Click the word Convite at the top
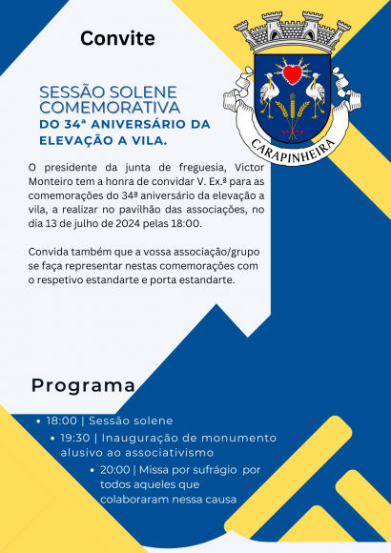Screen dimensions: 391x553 (117, 38)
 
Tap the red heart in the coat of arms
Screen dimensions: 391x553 (293, 73)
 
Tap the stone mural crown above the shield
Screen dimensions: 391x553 (292, 34)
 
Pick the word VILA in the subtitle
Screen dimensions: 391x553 (146, 140)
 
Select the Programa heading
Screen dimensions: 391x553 (83, 385)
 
